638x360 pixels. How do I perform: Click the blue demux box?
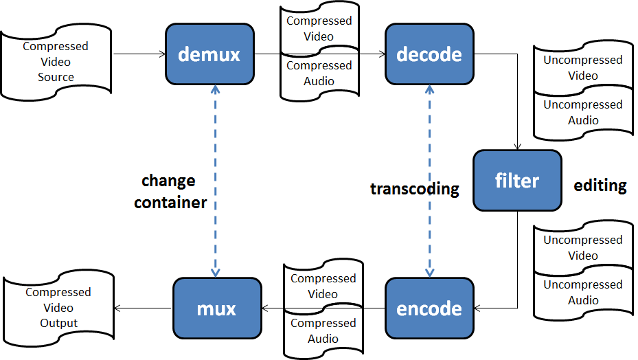pos(209,54)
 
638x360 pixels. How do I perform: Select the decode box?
pos(429,54)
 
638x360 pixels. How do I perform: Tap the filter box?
pos(516,180)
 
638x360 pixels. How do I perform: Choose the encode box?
pos(429,308)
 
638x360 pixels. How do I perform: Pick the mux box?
pos(216,308)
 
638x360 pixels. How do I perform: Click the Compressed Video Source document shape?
pos(56,62)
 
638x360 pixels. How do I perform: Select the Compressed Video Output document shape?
pos(58,307)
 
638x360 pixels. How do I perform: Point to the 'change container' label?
pos(170,192)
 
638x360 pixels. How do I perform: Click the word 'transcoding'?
pos(414,189)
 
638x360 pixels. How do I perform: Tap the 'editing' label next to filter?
pos(600,185)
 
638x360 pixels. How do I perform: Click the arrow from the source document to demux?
pos(138,54)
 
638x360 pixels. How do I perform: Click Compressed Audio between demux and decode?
pos(319,74)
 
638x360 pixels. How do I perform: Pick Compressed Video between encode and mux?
pos(323,286)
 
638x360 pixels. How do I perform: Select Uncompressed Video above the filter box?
pos(582,67)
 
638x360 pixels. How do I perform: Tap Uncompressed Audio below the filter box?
pos(582,292)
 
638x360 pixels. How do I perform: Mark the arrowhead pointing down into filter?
pos(516,146)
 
